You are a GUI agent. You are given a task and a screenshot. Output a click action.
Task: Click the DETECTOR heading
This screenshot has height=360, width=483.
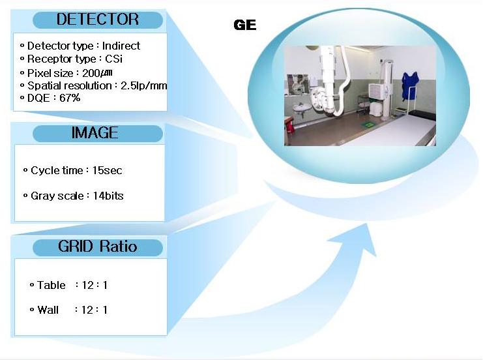point(98,20)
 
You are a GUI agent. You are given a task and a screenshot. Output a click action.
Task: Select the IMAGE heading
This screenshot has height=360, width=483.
point(95,133)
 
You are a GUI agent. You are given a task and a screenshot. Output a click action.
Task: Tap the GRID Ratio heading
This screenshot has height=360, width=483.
point(97,247)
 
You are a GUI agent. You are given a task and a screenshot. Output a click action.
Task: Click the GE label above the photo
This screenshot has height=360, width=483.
point(245,25)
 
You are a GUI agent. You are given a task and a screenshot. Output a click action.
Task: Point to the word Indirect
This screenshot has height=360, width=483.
point(121,46)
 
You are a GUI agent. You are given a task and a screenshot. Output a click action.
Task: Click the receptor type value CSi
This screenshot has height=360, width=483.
point(113,59)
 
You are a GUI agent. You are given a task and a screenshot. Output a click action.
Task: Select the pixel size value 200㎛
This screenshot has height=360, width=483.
point(97,73)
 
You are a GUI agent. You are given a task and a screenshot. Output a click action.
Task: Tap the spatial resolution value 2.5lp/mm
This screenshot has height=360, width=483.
point(144,85)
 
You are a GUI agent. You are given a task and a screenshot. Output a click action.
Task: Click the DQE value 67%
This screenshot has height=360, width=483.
point(70,98)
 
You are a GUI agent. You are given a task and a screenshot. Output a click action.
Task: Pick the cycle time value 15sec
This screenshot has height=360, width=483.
point(107,170)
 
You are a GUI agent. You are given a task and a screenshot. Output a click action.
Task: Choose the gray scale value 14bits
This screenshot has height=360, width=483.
point(108,196)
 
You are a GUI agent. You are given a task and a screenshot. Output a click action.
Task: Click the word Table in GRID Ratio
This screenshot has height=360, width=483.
point(51,285)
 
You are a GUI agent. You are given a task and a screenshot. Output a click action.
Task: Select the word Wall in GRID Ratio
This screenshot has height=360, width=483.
point(48,310)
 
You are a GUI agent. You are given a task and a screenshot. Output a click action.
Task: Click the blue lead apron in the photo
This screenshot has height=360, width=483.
point(410,86)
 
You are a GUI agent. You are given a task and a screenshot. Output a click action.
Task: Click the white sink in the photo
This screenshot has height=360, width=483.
point(302,108)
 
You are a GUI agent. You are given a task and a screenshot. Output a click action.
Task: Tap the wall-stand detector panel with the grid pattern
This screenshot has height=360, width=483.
point(377,91)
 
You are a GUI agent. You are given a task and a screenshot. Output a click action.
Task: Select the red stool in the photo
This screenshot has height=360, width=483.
point(289,127)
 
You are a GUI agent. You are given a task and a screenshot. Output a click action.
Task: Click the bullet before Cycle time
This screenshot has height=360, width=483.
point(25,170)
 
